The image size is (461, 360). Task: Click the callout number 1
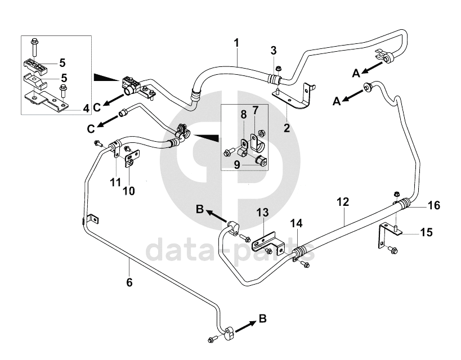pyautogui.click(x=237, y=43)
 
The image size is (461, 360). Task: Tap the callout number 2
pyautogui.click(x=287, y=128)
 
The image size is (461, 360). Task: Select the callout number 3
pyautogui.click(x=274, y=51)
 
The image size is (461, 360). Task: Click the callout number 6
pyautogui.click(x=129, y=282)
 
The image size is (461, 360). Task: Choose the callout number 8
pyautogui.click(x=243, y=114)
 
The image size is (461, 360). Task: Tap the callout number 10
pyautogui.click(x=129, y=190)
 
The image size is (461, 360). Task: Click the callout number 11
pyautogui.click(x=115, y=182)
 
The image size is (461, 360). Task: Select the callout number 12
pyautogui.click(x=343, y=201)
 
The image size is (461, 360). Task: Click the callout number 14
pyautogui.click(x=296, y=223)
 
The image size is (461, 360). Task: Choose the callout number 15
pyautogui.click(x=427, y=232)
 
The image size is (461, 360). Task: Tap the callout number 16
pyautogui.click(x=433, y=205)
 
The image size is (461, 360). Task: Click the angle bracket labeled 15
pyautogui.click(x=384, y=233)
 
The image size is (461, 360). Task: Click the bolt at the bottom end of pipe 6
pyautogui.click(x=212, y=339)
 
